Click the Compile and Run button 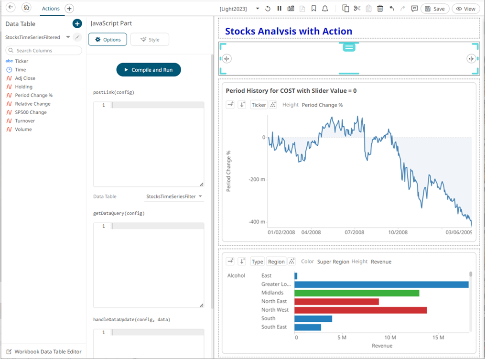[149, 70]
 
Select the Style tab [150, 40]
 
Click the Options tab [108, 40]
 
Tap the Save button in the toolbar [434, 9]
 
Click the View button [466, 9]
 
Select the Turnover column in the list [25, 121]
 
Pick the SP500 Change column [31, 112]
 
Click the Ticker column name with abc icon [22, 61]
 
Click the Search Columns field [44, 51]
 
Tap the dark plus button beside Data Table [77, 24]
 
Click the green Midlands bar [356, 293]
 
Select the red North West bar [360, 310]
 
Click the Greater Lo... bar [381, 284]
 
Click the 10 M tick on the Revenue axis [390, 338]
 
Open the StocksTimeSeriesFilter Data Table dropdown [174, 196]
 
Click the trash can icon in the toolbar [380, 9]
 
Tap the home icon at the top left [26, 8]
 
